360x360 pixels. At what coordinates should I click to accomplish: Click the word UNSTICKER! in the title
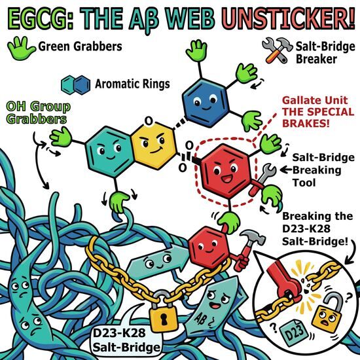click(x=289, y=19)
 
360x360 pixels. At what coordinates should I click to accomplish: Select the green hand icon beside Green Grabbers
click(x=20, y=48)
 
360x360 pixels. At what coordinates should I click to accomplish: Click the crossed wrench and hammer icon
click(x=277, y=50)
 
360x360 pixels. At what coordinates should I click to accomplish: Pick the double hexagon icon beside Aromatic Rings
click(x=76, y=84)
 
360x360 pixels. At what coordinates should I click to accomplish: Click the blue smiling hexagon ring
click(x=206, y=103)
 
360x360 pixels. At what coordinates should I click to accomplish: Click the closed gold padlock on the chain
click(x=164, y=310)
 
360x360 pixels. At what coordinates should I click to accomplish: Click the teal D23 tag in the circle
click(x=294, y=332)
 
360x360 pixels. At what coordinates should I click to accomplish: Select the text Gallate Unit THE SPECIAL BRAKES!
click(x=317, y=112)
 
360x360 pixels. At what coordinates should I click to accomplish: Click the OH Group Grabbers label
click(x=38, y=113)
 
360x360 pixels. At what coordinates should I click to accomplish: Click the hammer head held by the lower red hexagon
click(x=253, y=237)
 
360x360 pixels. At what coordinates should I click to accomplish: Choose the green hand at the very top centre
click(x=197, y=50)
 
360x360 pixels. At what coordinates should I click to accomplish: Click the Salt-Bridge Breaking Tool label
click(x=323, y=170)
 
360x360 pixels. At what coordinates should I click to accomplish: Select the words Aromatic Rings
click(x=132, y=84)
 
